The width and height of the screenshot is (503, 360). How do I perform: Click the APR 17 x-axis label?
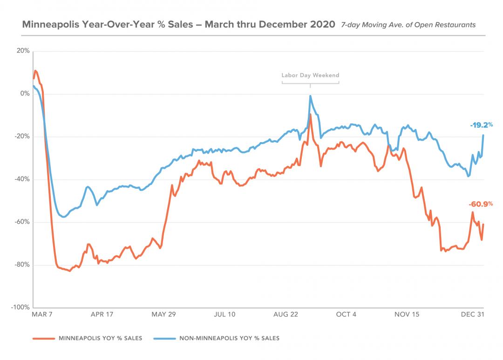tap(102, 314)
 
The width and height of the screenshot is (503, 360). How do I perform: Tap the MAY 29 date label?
tap(163, 314)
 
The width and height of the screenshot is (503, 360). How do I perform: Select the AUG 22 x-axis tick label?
tap(285, 314)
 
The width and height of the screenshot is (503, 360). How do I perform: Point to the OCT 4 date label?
tap(346, 314)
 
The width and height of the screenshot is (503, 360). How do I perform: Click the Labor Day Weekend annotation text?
tap(310, 75)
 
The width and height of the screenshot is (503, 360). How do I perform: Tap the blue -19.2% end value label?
tap(481, 125)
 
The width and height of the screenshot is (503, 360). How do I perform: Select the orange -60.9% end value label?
tap(481, 204)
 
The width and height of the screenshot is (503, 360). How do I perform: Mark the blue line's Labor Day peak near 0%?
tap(310, 96)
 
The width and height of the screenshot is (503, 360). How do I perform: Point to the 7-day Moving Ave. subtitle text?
tap(408, 25)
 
